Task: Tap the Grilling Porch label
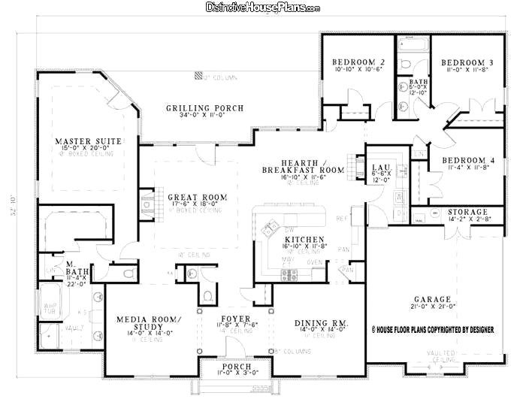click(x=204, y=108)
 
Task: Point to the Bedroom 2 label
click(x=358, y=62)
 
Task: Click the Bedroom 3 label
click(x=467, y=62)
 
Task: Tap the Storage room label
click(x=467, y=212)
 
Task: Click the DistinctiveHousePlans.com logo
click(x=263, y=8)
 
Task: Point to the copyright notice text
click(x=433, y=329)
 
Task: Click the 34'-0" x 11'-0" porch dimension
click(x=204, y=117)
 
